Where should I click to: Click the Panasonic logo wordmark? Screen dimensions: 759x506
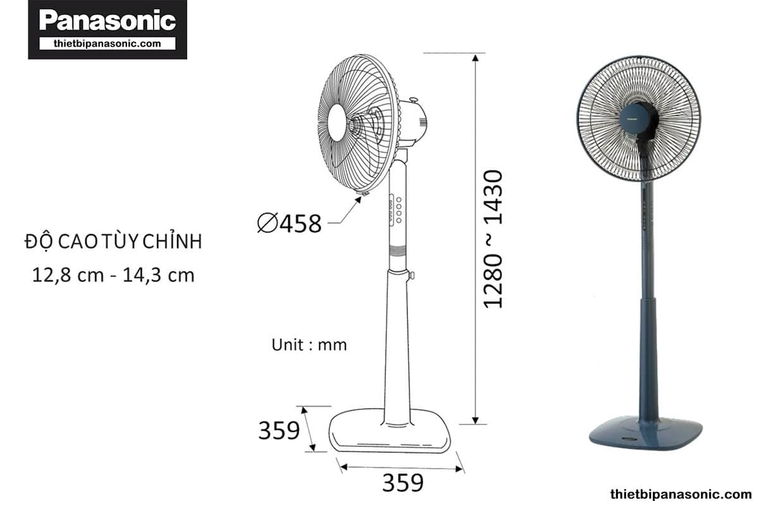[x=108, y=20]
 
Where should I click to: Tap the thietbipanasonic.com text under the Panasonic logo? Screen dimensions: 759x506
[x=108, y=44]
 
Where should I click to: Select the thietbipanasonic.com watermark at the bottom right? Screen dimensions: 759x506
[x=681, y=494]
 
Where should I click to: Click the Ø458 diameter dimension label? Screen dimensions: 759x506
[x=289, y=223]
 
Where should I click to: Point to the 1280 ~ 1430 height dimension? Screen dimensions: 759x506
[x=493, y=239]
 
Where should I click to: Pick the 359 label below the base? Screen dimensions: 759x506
[x=403, y=483]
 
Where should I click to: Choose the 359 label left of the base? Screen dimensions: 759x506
[x=279, y=431]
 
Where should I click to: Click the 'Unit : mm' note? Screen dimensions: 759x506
[x=309, y=345]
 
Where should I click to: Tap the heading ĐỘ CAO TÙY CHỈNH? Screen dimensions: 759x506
[x=113, y=242]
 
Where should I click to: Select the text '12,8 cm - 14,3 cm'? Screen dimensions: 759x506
[x=113, y=275]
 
